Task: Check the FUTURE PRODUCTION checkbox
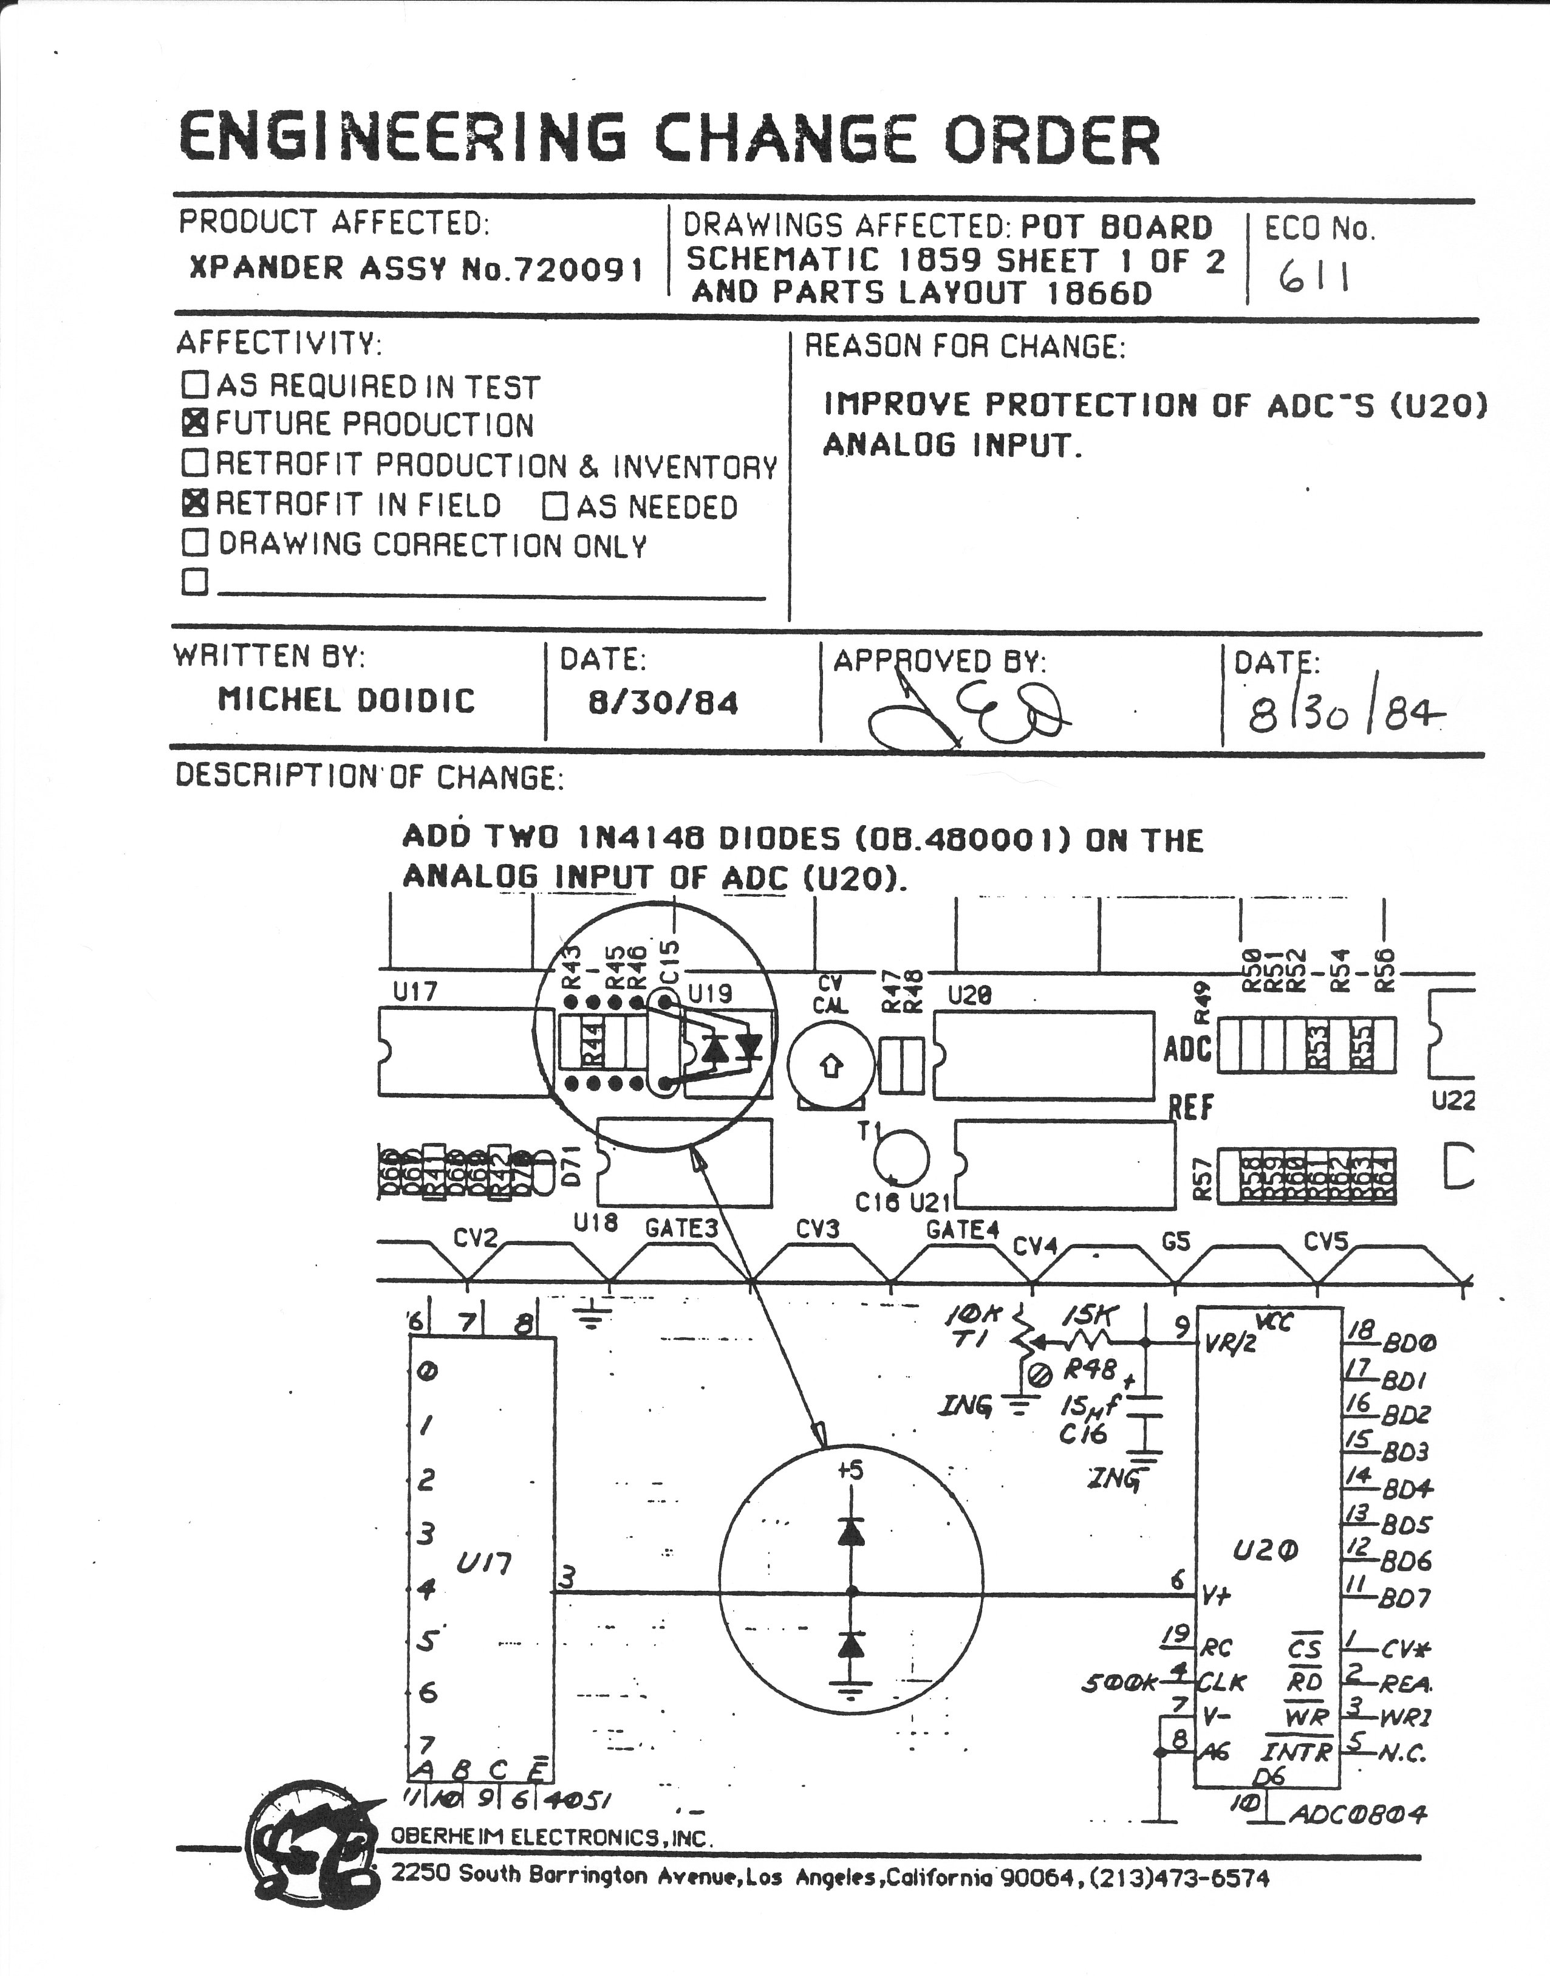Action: click(x=195, y=423)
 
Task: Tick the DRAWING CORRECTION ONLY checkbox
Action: click(x=195, y=543)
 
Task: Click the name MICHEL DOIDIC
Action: click(x=347, y=700)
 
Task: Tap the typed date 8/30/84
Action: click(x=663, y=702)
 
